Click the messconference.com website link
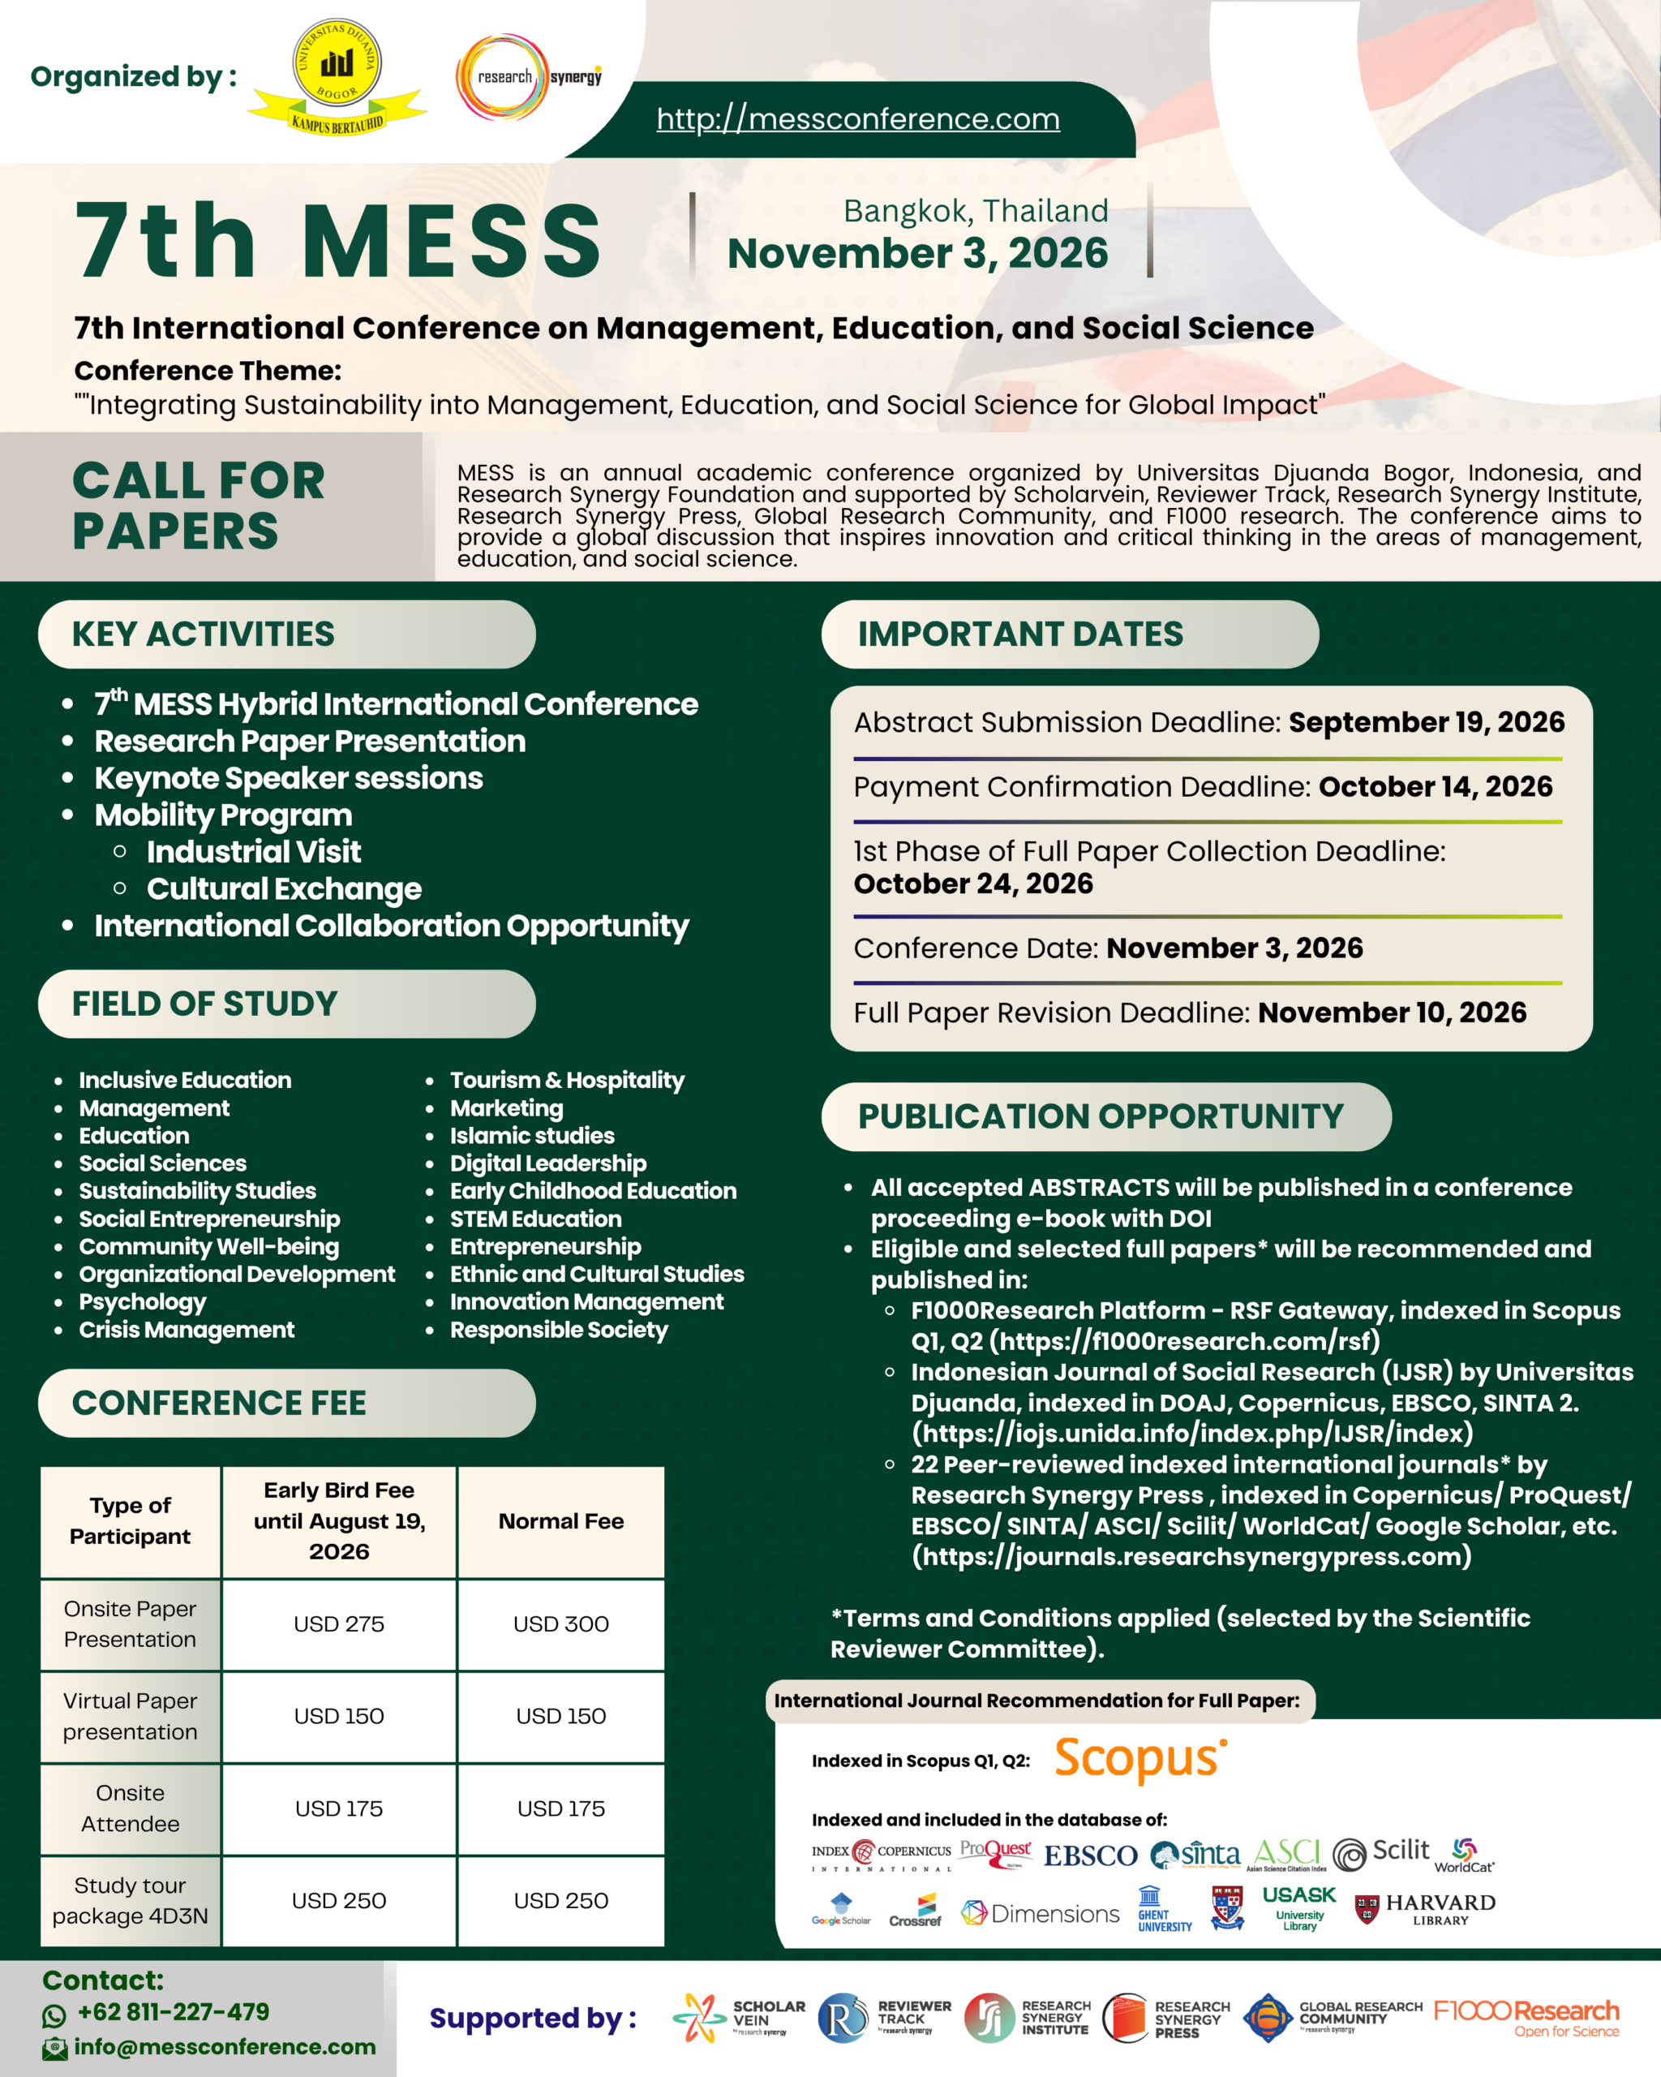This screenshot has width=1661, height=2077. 858,118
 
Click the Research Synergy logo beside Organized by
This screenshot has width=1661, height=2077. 529,77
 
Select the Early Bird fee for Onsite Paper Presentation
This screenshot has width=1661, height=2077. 339,1624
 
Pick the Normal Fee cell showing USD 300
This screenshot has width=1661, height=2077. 560,1624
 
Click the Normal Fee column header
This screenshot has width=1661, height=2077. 560,1521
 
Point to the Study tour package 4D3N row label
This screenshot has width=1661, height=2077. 130,1900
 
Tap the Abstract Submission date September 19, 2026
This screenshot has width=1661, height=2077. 1426,723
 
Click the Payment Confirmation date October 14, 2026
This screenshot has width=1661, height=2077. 1435,787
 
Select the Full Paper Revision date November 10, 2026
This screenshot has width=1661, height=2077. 1392,1013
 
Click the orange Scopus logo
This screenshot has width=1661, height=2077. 1140,1759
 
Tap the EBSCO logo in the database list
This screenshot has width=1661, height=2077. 1090,1856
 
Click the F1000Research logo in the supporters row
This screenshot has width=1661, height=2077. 1526,2017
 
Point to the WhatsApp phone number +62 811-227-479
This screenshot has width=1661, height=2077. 174,2012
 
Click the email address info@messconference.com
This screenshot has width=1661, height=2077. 225,2047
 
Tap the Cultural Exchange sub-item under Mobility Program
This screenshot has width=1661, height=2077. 284,888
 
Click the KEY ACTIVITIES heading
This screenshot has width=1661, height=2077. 204,634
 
